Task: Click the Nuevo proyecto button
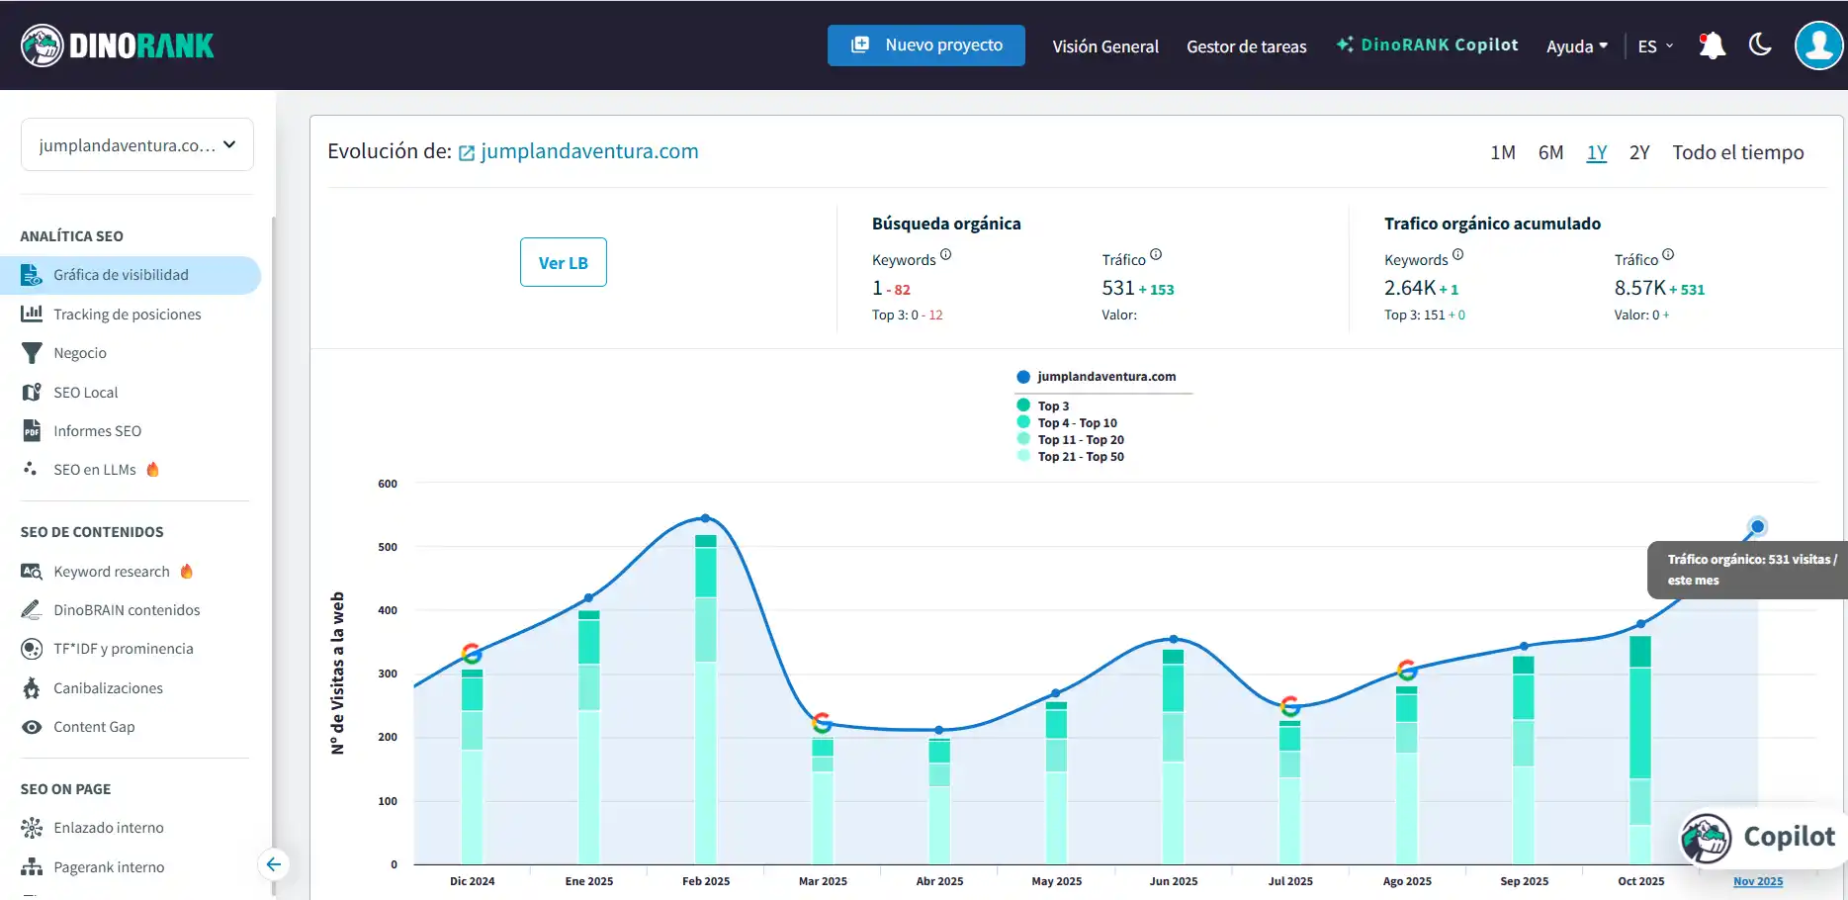(x=925, y=45)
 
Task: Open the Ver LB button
(x=563, y=262)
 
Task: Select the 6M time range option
(x=1550, y=152)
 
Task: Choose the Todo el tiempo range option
(x=1737, y=152)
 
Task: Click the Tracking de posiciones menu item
(x=127, y=315)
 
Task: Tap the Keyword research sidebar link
(x=111, y=572)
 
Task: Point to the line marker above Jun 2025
(x=1174, y=639)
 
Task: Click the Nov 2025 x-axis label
(x=1757, y=881)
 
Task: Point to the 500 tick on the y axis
(x=388, y=547)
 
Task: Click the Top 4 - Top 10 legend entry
(x=1077, y=423)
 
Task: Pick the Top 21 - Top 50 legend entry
(x=1080, y=457)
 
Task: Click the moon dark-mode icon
(x=1759, y=45)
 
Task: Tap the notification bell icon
(x=1712, y=45)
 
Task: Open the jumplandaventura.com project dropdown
(x=137, y=145)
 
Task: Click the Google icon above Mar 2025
(x=822, y=722)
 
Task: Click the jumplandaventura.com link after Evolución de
(x=588, y=151)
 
